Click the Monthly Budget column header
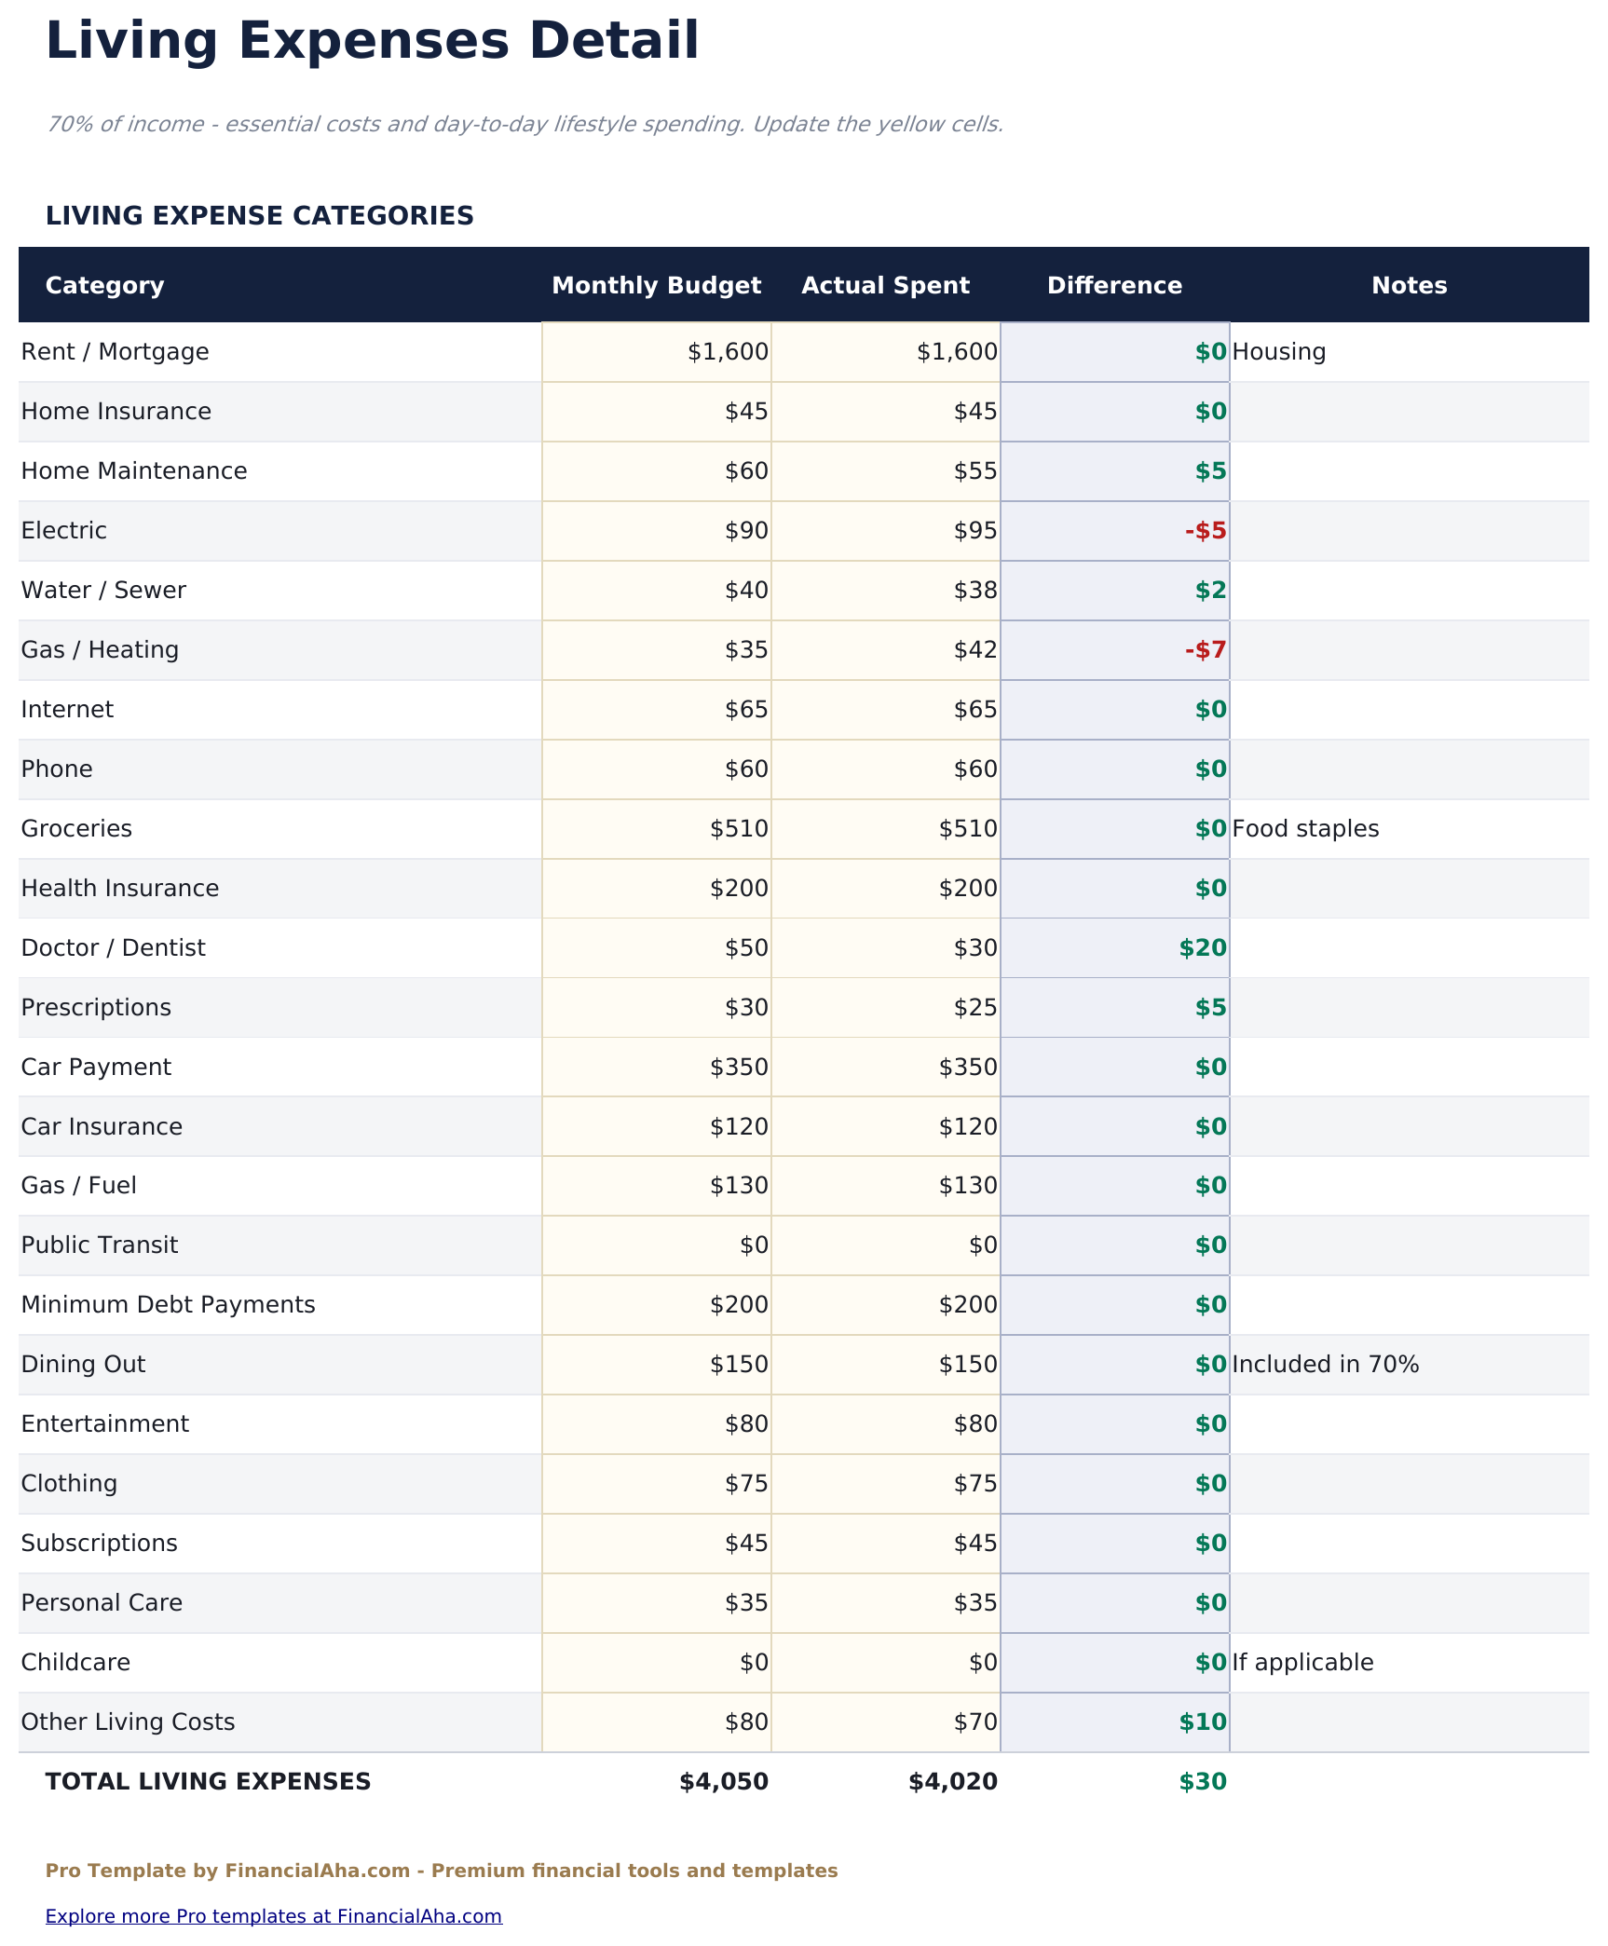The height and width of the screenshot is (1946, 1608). (x=656, y=285)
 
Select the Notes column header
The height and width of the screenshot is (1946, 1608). (x=1409, y=285)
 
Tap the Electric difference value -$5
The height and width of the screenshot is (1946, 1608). (x=1206, y=531)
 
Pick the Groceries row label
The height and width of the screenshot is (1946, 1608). (x=76, y=829)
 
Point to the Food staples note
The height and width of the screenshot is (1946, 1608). (x=1304, y=829)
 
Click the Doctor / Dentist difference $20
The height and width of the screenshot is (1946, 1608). (x=1203, y=948)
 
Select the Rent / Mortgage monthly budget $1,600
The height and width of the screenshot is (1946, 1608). (x=728, y=352)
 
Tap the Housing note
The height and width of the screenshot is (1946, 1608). (x=1278, y=352)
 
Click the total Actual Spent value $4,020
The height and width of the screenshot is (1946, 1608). (x=952, y=1782)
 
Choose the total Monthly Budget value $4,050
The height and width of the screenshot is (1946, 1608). (x=724, y=1782)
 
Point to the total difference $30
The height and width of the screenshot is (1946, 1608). (x=1203, y=1782)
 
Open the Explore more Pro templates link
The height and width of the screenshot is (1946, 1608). (x=273, y=1916)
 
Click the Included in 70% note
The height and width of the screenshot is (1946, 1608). (x=1325, y=1365)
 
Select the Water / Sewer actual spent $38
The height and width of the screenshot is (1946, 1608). (x=975, y=591)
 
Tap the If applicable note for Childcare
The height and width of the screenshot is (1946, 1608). (x=1302, y=1663)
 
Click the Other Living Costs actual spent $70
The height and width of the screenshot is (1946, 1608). (x=975, y=1722)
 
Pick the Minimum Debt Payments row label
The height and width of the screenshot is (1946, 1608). (x=168, y=1305)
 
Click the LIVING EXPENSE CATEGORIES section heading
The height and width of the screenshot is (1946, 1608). (x=259, y=216)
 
